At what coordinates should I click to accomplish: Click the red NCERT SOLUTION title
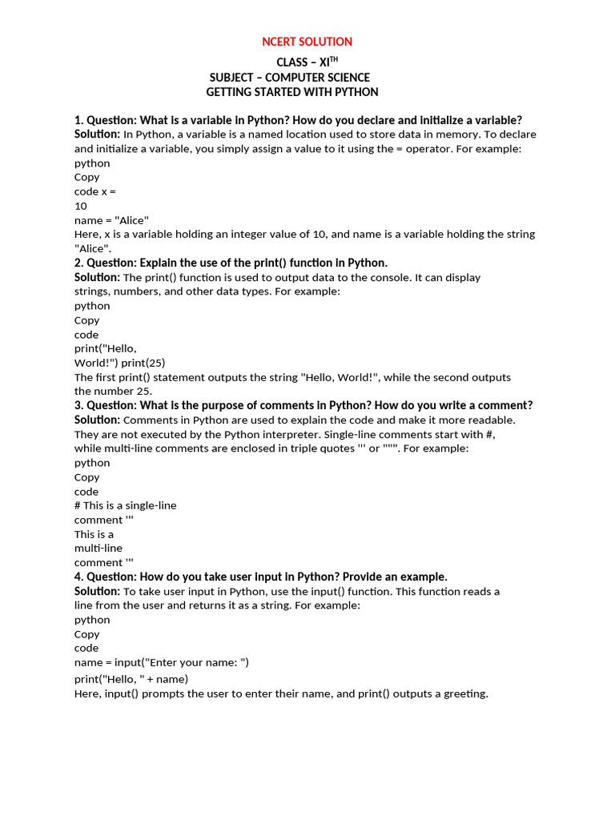307,42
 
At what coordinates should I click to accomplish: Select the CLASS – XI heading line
302,62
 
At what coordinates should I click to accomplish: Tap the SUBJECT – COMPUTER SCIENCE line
290,78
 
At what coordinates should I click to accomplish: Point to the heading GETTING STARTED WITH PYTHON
292,92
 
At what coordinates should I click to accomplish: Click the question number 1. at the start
78,120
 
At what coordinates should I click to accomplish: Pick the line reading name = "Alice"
111,220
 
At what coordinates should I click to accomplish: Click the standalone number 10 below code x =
81,206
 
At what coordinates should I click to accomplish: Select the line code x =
96,191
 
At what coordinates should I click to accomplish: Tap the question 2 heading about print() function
231,263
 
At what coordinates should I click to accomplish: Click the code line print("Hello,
106,348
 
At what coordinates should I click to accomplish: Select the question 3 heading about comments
303,405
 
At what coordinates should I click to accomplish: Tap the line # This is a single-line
126,505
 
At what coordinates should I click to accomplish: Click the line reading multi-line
98,549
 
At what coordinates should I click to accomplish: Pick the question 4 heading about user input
261,577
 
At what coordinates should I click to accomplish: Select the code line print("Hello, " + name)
131,679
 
